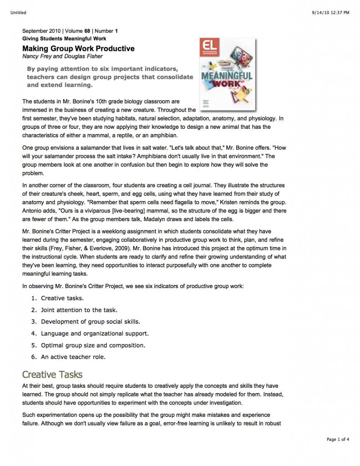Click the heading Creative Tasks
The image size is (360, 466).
coord(52,375)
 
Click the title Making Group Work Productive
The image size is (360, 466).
coord(78,49)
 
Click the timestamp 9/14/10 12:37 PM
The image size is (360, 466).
coord(331,12)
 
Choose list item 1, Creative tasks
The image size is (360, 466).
coord(62,299)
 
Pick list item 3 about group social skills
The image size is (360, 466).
coord(90,321)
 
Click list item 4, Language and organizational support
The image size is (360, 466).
coord(95,333)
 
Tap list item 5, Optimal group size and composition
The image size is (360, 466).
coord(93,345)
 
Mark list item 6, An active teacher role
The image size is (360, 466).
coord(73,356)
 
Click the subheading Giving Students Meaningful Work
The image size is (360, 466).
coord(64,39)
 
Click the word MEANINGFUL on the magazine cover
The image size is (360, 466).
coord(227,76)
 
